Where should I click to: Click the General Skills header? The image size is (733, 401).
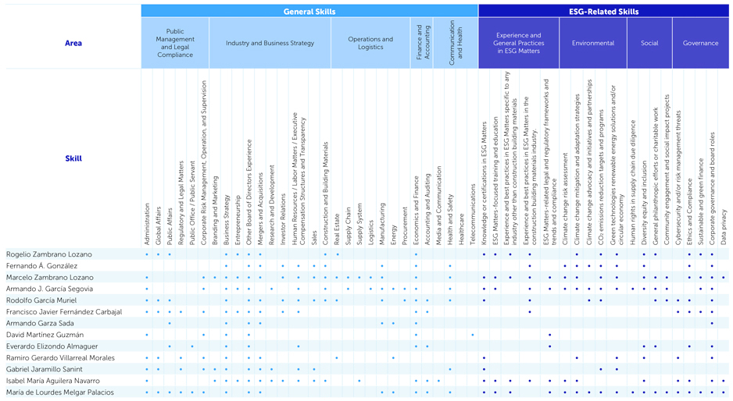tap(309, 12)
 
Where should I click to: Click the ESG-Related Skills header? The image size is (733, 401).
tap(603, 12)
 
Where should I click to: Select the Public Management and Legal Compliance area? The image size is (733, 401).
tap(175, 43)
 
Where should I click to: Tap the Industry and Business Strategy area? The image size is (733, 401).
tap(270, 43)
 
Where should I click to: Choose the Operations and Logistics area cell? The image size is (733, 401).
tap(370, 43)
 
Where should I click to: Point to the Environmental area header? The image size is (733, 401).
tap(592, 43)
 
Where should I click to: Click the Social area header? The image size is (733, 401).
tap(649, 43)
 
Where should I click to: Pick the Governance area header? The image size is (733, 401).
tap(700, 43)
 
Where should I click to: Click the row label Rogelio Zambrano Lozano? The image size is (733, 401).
tap(49, 254)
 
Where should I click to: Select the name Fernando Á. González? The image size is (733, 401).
tap(41, 266)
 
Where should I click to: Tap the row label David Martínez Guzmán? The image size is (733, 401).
tap(45, 335)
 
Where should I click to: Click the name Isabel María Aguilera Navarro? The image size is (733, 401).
tap(53, 381)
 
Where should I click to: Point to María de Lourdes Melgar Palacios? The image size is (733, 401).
tap(60, 392)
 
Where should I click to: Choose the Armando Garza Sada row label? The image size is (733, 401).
tap(40, 323)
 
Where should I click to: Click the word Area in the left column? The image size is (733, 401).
tap(73, 43)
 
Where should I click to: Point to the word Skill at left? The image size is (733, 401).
tap(73, 158)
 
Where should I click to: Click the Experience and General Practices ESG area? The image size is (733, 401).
tap(518, 43)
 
